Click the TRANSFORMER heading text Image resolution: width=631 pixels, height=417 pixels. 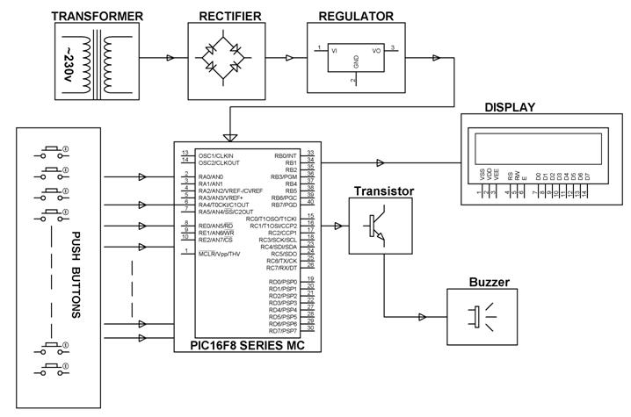click(98, 16)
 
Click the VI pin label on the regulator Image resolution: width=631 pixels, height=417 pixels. click(334, 52)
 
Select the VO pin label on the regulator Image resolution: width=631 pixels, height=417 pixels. click(377, 52)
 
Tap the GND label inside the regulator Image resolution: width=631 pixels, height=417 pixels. click(356, 62)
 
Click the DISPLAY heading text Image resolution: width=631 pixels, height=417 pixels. click(510, 108)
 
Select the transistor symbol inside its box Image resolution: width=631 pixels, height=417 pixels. click(379, 226)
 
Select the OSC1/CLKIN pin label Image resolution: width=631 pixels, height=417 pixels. click(218, 155)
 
